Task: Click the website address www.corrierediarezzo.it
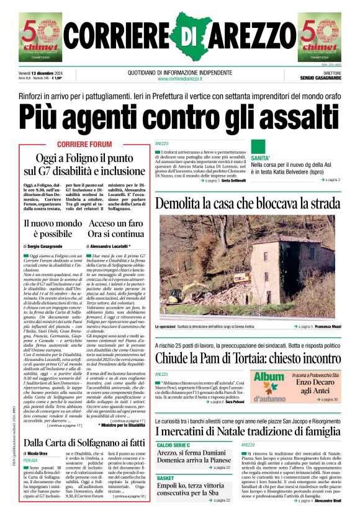pyautogui.click(x=180, y=79)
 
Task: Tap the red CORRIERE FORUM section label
pyautogui.click(x=84, y=144)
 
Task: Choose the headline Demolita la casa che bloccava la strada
pyautogui.click(x=248, y=203)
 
